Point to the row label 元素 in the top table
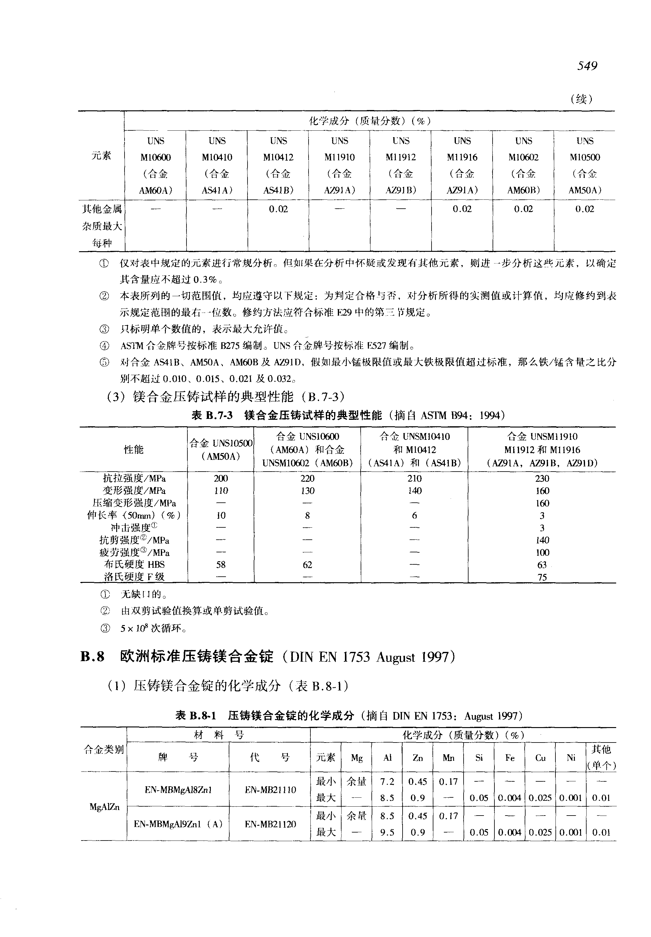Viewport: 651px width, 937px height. pyautogui.click(x=101, y=155)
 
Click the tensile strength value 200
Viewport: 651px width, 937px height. pyautogui.click(x=221, y=478)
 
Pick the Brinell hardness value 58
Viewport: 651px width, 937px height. pyautogui.click(x=221, y=565)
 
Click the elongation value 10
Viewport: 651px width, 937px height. pyautogui.click(x=221, y=516)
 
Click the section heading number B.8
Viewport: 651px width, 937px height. pyautogui.click(x=92, y=657)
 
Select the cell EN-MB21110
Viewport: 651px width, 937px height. pyautogui.click(x=270, y=790)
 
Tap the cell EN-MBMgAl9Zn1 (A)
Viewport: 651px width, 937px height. pyautogui.click(x=178, y=824)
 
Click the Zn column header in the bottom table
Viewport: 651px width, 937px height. pyautogui.click(x=417, y=758)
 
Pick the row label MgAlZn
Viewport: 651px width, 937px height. pyautogui.click(x=104, y=807)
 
